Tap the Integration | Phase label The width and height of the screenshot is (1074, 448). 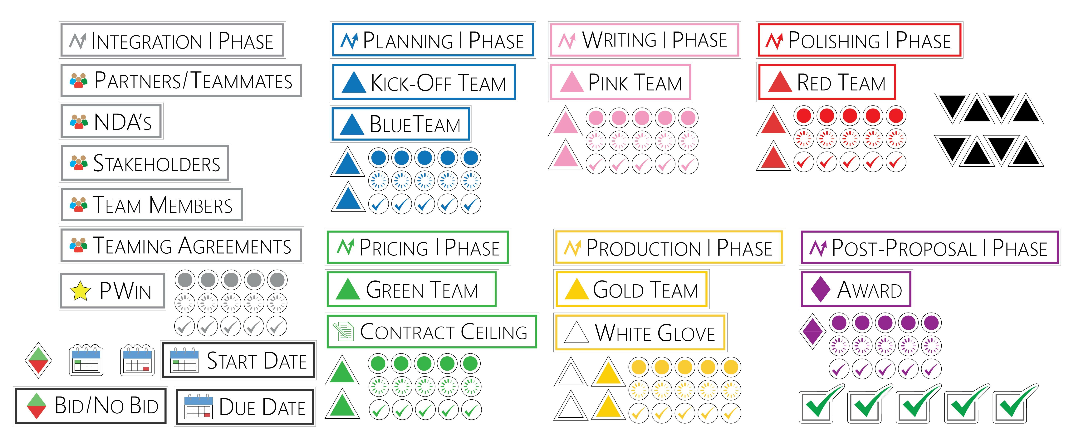pos(172,40)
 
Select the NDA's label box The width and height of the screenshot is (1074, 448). pos(111,121)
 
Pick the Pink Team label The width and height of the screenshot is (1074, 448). pos(620,82)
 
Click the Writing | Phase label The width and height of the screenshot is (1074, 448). pos(644,40)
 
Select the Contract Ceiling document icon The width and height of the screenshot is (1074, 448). pos(343,332)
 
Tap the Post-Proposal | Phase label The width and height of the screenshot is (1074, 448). pos(929,248)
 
